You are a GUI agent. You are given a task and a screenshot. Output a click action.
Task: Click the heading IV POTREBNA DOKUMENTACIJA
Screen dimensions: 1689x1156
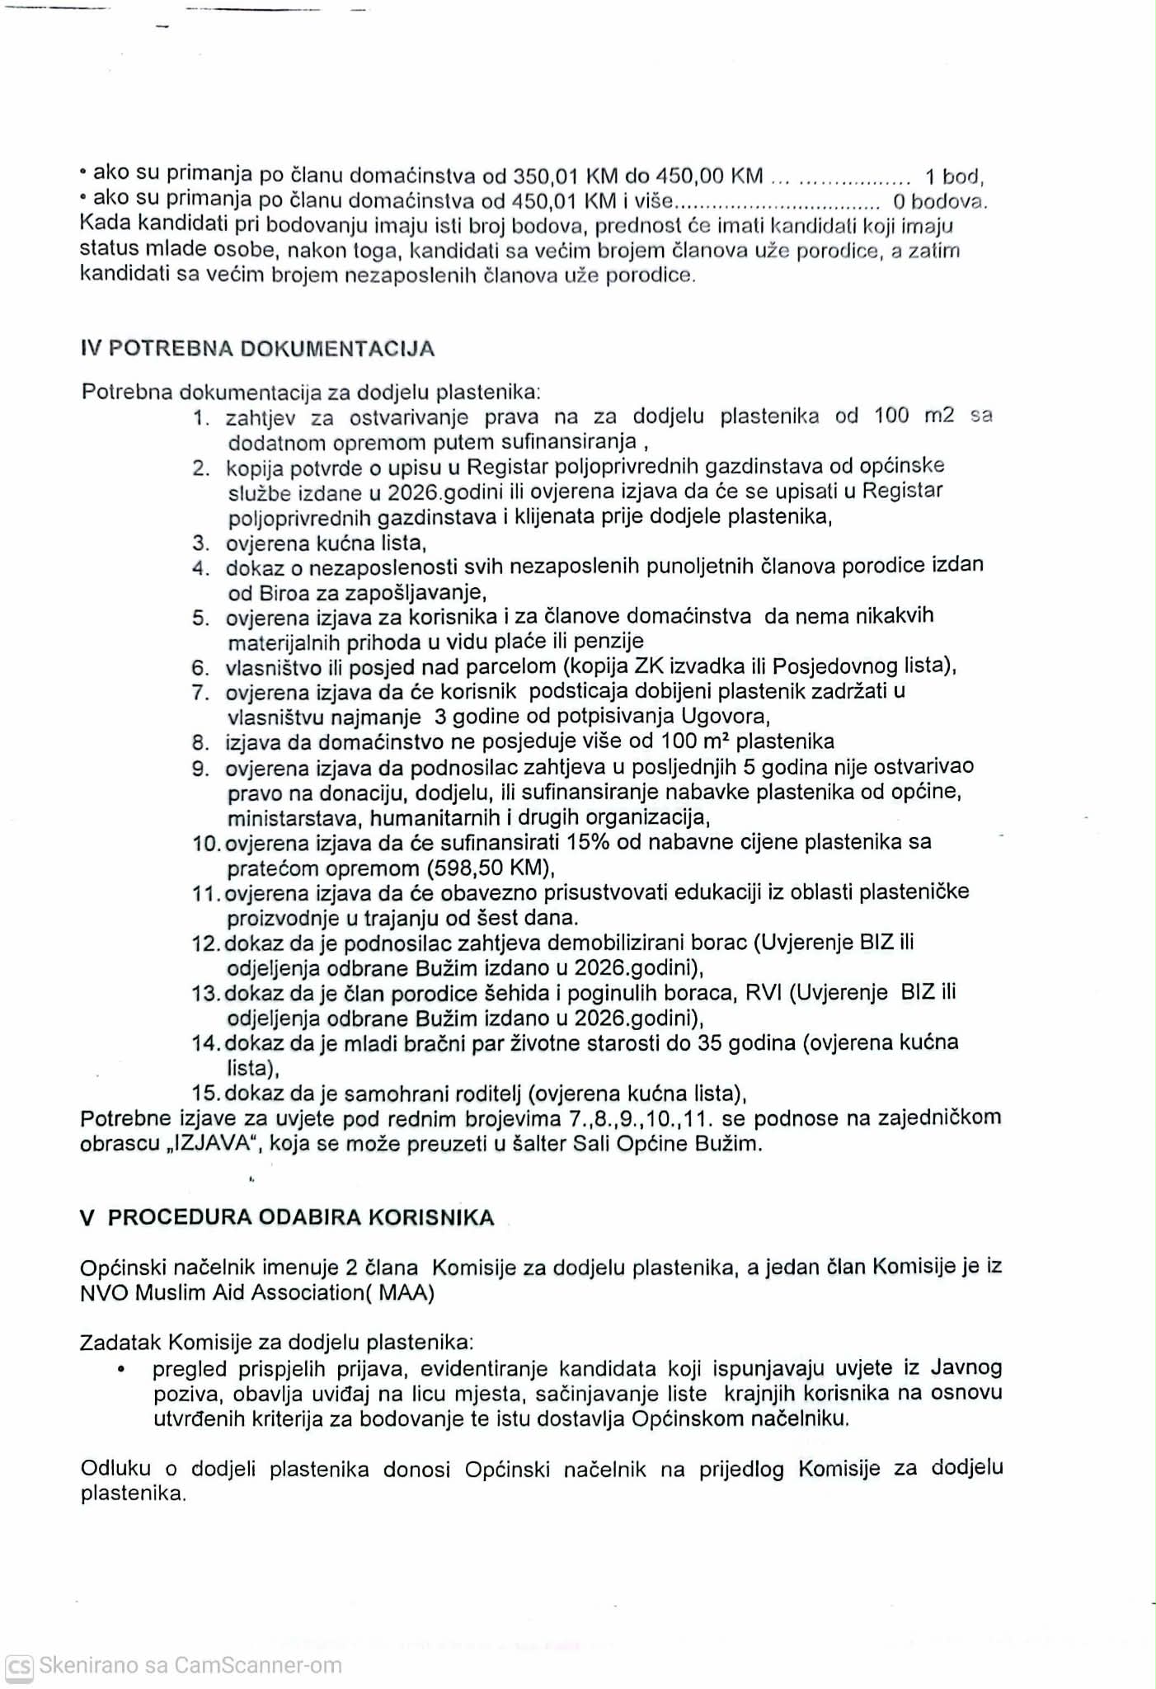(x=257, y=349)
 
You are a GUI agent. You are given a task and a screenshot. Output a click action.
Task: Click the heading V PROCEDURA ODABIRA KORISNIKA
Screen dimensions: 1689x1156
(x=287, y=1218)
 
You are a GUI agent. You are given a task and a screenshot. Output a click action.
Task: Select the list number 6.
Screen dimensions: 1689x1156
(x=200, y=668)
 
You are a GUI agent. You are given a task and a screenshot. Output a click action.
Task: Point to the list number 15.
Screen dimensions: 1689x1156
(x=205, y=1094)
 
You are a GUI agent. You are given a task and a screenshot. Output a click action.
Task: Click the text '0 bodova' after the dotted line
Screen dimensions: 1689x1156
(x=939, y=201)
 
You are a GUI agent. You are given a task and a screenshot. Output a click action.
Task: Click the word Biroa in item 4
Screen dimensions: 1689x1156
(x=283, y=593)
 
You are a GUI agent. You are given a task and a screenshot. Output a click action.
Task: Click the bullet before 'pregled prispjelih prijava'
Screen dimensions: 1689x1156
(x=121, y=1370)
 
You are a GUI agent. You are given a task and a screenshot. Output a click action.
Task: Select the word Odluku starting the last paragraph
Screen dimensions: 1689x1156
(x=115, y=1468)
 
